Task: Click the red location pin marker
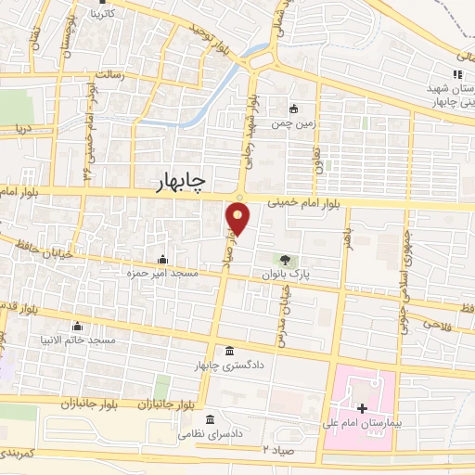point(238,219)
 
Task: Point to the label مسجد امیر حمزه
point(164,274)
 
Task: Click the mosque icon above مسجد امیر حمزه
point(163,259)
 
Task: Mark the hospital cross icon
point(362,407)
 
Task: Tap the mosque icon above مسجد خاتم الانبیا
point(78,326)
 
